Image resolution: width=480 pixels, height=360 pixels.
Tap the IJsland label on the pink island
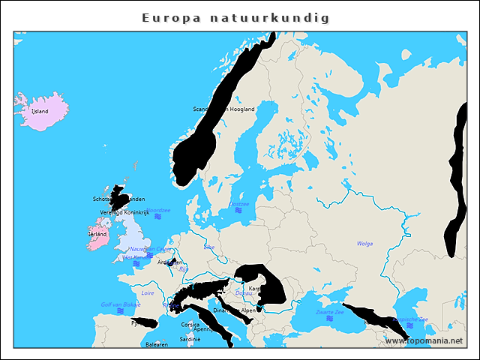39,111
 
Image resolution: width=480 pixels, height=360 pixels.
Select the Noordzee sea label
158,211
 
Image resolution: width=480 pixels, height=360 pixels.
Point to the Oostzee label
238,204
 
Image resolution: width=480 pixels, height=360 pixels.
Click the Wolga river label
364,244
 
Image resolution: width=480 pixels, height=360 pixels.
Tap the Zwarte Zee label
329,311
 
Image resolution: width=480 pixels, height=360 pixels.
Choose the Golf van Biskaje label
121,304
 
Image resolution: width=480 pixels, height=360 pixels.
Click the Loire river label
148,293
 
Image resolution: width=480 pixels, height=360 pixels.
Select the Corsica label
190,324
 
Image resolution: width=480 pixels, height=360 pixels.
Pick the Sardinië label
190,339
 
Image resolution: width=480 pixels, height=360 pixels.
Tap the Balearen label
157,345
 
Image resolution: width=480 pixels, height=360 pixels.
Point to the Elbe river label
209,246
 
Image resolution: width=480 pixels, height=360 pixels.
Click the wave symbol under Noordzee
157,217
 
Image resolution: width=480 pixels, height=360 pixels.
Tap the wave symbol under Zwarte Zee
329,318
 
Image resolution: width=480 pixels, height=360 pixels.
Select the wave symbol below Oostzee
238,211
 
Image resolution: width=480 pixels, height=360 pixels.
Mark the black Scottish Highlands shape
121,197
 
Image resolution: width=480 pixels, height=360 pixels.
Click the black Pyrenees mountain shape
147,323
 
